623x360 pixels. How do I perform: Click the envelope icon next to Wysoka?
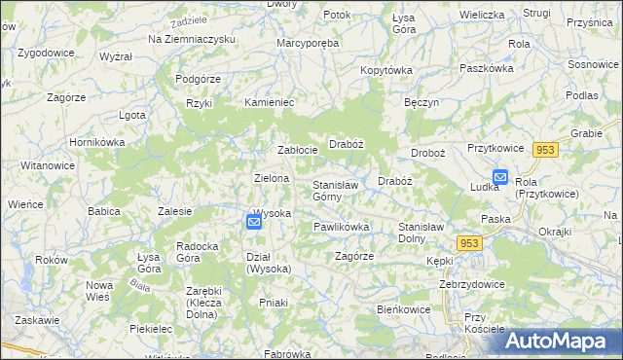click(x=253, y=222)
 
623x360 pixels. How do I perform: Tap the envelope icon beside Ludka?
click(x=500, y=177)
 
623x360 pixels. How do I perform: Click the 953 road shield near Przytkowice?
click(x=545, y=149)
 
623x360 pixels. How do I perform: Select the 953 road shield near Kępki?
click(x=470, y=243)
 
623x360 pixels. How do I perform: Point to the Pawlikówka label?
click(x=341, y=227)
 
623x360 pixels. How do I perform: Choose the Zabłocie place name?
click(x=298, y=150)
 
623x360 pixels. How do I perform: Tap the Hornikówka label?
click(x=93, y=142)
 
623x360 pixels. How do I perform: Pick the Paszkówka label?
click(x=486, y=69)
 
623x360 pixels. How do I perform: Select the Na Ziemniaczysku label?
click(x=193, y=38)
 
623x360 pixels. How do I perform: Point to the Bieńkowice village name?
click(x=405, y=308)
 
